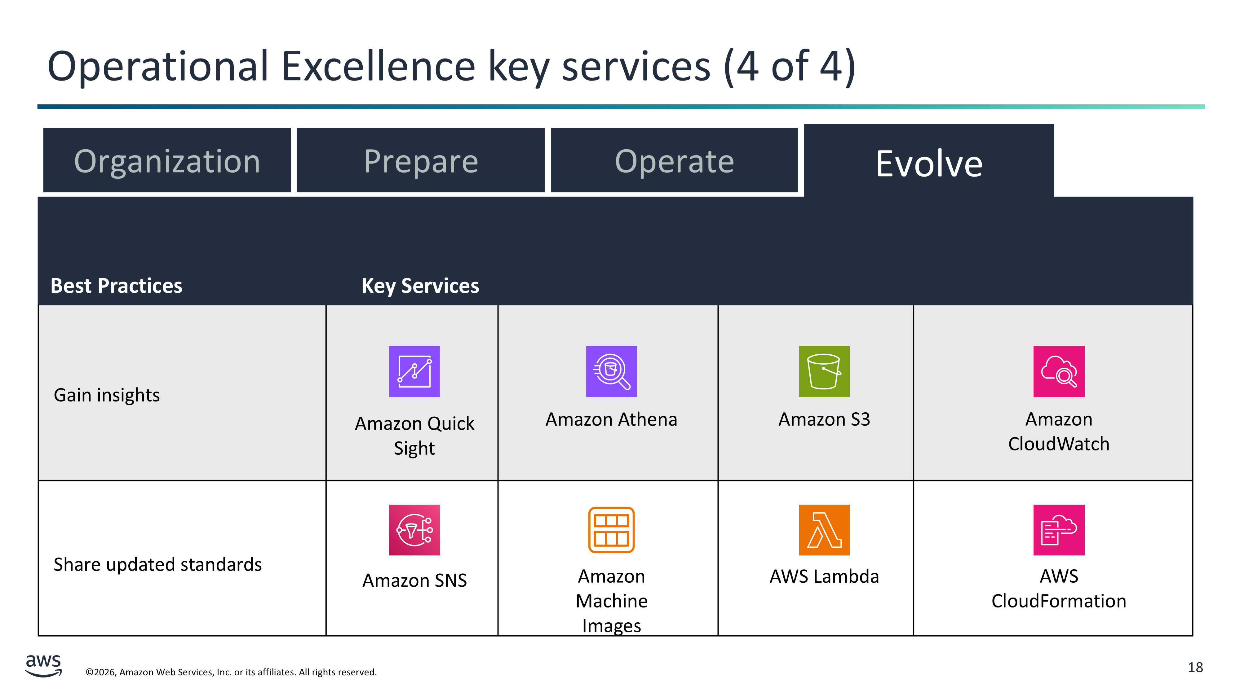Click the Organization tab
pos(167,160)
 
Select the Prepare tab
pos(421,160)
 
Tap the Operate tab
pos(674,160)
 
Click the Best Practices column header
pos(117,286)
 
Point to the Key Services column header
pos(420,286)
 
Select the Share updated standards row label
pos(158,564)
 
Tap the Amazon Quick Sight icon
pos(414,371)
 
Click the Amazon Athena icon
pos(611,371)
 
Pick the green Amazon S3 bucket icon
pos(824,371)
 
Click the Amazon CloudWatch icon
pos(1059,371)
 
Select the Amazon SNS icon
pos(414,530)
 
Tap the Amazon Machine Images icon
pos(611,530)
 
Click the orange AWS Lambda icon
pos(824,530)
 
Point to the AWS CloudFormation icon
pos(1059,530)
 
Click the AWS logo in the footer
pos(43,665)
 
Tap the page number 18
pos(1195,668)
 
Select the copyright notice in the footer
pos(231,672)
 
